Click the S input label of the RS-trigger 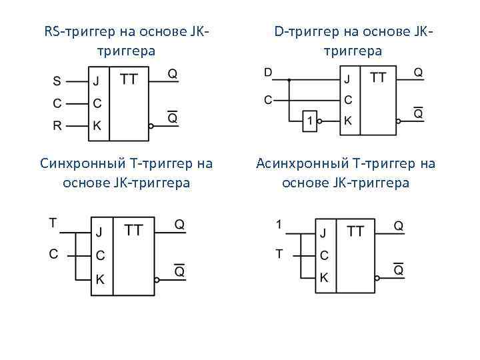point(57,82)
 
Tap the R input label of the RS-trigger point(57,125)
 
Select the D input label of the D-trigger point(268,72)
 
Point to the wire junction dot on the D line point(289,79)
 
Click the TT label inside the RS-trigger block point(129,79)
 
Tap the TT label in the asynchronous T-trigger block point(356,231)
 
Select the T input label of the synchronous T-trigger point(53,223)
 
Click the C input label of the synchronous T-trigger point(53,253)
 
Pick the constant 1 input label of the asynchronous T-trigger point(279,224)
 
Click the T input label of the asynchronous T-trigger point(279,253)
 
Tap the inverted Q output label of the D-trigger point(418,113)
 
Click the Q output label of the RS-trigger point(173,74)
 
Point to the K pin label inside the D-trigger point(347,121)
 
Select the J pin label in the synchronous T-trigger point(99,232)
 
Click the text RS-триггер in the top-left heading point(79,31)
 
